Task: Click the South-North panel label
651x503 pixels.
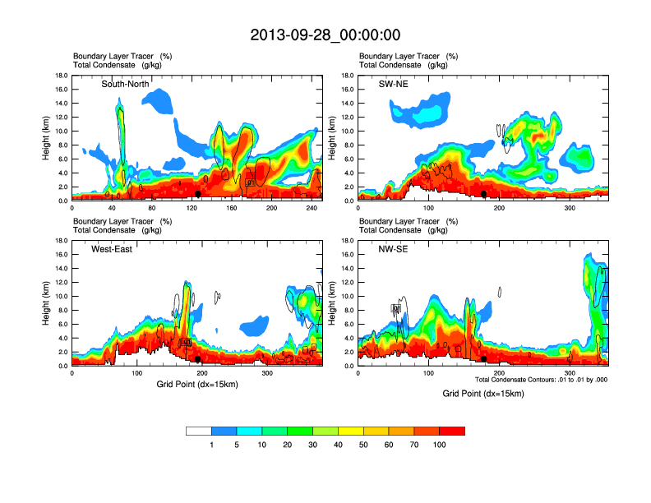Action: click(x=125, y=84)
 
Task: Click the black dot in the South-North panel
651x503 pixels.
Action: click(x=198, y=194)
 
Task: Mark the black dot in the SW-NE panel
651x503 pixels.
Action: click(x=484, y=194)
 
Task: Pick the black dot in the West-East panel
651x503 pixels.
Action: click(x=198, y=359)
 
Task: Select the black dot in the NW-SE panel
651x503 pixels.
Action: click(x=484, y=359)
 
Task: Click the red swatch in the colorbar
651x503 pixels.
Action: click(x=453, y=431)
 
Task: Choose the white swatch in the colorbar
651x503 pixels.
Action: click(x=199, y=431)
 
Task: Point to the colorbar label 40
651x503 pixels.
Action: click(x=339, y=445)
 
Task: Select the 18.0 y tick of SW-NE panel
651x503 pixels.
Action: click(x=347, y=76)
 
